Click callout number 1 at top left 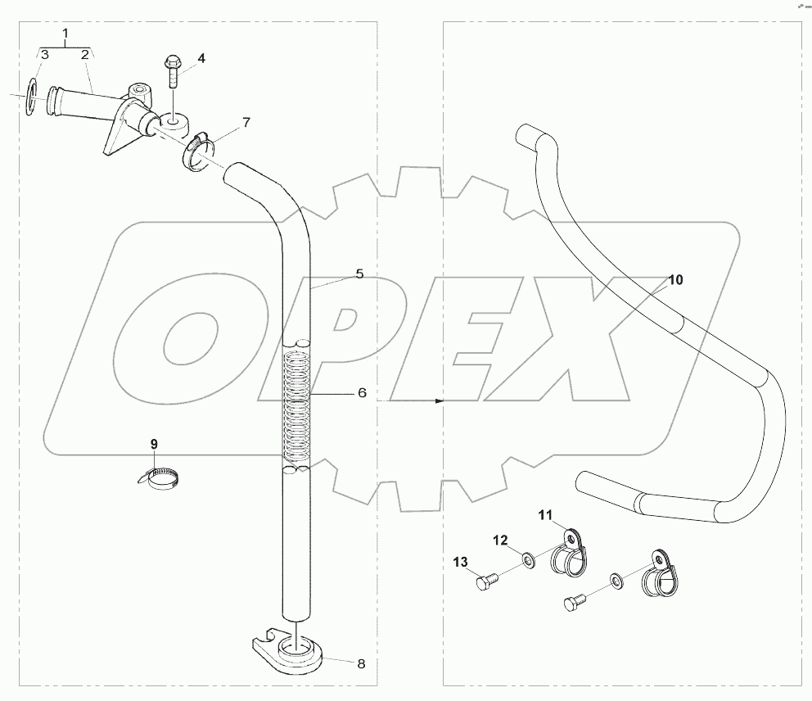65,34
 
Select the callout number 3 45,55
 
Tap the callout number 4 201,58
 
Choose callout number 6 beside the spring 361,393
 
